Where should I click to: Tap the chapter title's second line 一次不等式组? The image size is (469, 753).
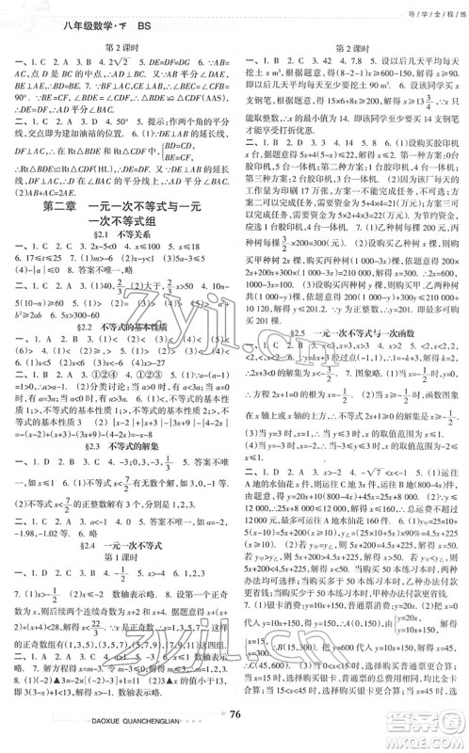click(x=121, y=238)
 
